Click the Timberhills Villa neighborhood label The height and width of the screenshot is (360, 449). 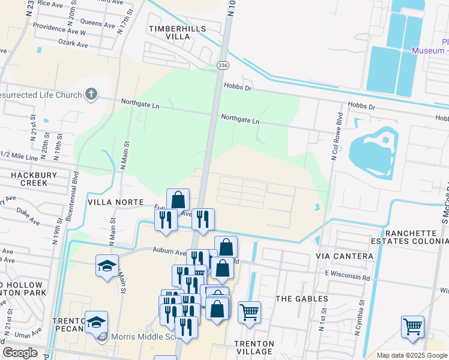point(177,32)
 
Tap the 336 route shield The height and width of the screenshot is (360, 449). point(223,64)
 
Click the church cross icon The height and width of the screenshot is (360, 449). point(91,94)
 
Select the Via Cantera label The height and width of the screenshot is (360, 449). point(345,256)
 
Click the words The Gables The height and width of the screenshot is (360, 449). point(301,298)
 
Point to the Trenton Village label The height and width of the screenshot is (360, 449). point(255,347)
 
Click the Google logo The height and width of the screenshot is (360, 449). point(20,353)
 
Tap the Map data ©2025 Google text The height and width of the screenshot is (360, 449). point(412,355)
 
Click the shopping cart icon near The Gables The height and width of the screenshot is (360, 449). point(249,312)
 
